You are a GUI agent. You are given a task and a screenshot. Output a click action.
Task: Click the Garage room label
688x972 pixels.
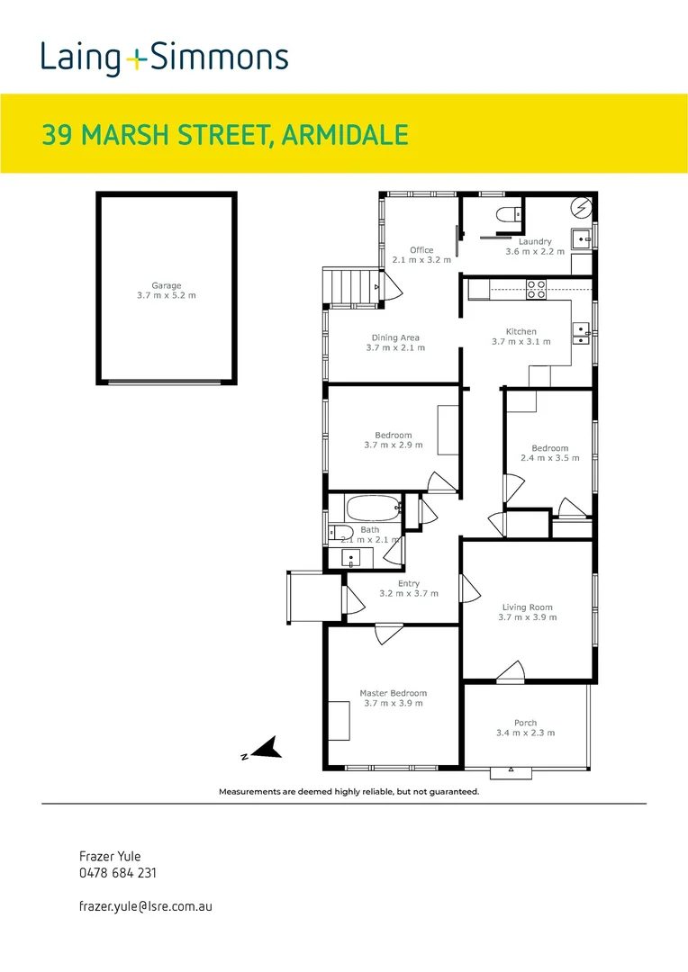coord(167,286)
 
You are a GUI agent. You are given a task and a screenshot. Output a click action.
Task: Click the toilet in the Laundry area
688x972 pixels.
coord(508,214)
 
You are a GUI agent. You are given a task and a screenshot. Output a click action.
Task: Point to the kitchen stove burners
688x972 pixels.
coord(536,290)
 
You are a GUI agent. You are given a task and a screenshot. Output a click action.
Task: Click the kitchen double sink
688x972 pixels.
coord(581,333)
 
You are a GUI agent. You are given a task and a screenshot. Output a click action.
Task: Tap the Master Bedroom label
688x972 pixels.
coord(394,693)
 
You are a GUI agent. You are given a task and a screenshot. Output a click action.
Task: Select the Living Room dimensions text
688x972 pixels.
coord(528,617)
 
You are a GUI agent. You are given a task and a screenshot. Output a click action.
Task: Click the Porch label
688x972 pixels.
coord(526,723)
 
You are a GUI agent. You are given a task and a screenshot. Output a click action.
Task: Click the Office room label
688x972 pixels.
coord(421,250)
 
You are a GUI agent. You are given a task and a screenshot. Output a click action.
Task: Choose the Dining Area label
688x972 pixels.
coord(395,337)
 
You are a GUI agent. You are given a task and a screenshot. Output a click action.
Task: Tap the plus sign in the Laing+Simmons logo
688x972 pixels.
coord(136,59)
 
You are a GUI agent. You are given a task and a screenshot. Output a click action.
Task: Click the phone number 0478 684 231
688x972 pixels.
coord(118,873)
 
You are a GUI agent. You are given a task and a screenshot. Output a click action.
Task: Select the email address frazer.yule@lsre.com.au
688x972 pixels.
coord(146,906)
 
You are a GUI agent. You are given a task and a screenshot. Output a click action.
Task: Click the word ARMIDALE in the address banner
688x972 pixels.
coord(345,135)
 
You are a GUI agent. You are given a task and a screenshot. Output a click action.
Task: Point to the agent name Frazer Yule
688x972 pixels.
coord(110,856)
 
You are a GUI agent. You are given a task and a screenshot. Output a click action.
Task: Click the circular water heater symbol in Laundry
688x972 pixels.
coord(583,206)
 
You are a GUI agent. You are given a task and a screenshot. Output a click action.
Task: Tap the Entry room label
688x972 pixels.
coord(409,583)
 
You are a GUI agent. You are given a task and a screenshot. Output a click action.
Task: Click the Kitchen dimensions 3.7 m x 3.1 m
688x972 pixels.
coord(521,342)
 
